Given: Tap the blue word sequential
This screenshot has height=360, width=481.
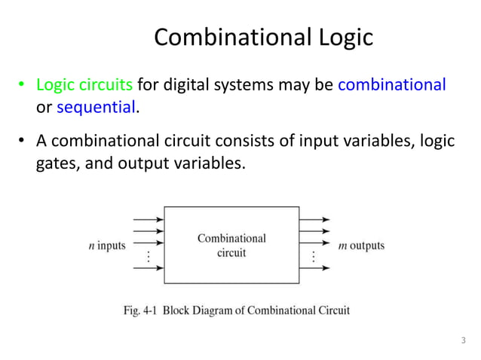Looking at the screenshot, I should (97, 107).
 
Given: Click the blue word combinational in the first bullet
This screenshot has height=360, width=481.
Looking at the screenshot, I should (391, 84).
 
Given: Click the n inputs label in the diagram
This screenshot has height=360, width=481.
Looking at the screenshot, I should (106, 246).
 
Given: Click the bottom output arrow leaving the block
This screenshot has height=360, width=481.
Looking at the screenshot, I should (314, 267).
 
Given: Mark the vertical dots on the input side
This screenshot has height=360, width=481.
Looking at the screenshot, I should (149, 257).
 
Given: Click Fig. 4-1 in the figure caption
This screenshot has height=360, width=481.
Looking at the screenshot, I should (139, 310).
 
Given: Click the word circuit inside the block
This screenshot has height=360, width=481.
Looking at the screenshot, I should (231, 253).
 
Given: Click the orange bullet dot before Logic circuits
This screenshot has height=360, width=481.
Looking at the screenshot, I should (23, 85).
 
